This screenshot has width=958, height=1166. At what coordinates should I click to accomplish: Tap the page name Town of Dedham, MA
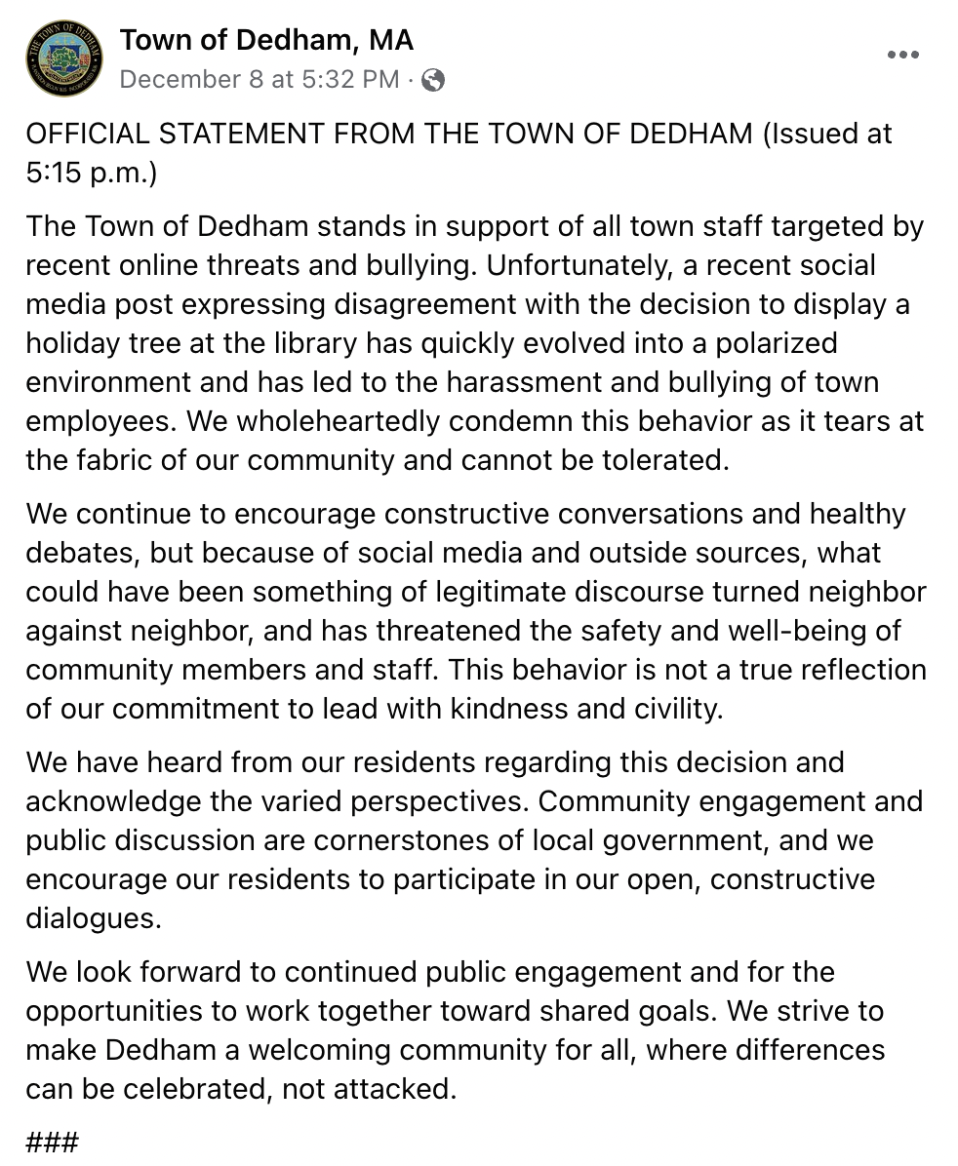pyautogui.click(x=266, y=40)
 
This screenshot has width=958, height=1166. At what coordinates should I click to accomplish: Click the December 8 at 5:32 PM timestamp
pyautogui.click(x=259, y=80)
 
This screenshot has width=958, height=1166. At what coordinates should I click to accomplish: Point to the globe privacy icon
pyautogui.click(x=433, y=81)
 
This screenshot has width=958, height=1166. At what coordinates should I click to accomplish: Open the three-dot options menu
pyautogui.click(x=903, y=56)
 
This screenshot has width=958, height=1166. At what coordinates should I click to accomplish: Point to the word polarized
pyautogui.click(x=774, y=343)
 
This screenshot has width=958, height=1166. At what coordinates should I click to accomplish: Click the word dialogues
pyautogui.click(x=93, y=918)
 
